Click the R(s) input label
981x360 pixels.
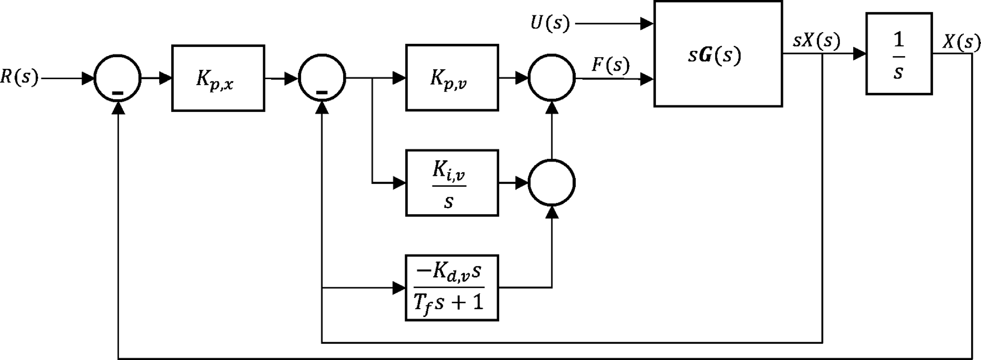point(19,77)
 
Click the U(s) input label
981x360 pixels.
point(550,24)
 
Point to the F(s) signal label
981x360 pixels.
point(610,65)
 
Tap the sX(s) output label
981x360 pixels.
point(816,41)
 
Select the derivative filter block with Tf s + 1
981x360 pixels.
point(452,288)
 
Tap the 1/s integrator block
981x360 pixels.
point(899,53)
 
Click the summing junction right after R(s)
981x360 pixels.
point(118,78)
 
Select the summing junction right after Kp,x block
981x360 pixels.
point(322,78)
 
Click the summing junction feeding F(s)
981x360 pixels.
point(551,78)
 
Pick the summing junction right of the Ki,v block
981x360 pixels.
point(551,183)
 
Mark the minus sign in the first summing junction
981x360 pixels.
point(118,93)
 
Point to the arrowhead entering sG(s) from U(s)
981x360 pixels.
point(647,24)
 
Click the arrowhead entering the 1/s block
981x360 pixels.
point(860,54)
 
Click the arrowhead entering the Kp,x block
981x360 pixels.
point(165,78)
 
